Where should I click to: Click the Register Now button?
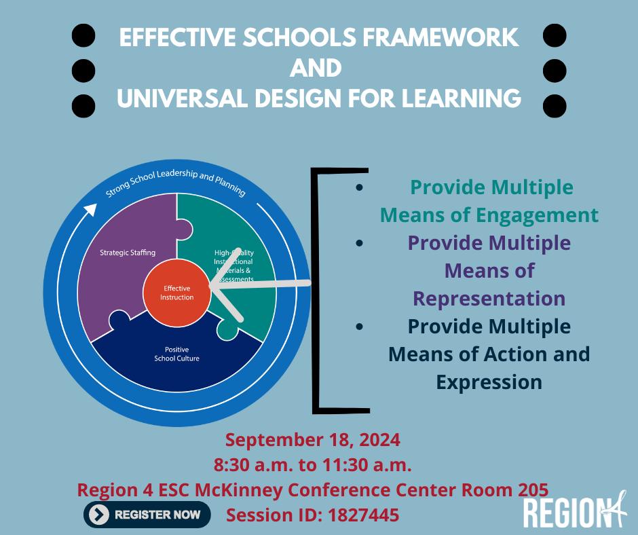(x=147, y=515)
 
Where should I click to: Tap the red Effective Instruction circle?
(x=176, y=293)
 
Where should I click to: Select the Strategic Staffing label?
(x=128, y=253)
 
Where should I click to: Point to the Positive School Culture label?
(x=176, y=354)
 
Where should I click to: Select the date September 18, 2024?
(x=313, y=439)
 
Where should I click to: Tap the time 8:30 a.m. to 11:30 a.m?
(x=313, y=465)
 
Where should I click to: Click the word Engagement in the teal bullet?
(x=542, y=215)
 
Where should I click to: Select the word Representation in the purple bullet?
(x=489, y=298)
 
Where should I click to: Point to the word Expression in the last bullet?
(x=489, y=382)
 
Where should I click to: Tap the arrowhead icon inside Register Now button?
(x=99, y=515)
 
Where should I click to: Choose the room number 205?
(x=531, y=489)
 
